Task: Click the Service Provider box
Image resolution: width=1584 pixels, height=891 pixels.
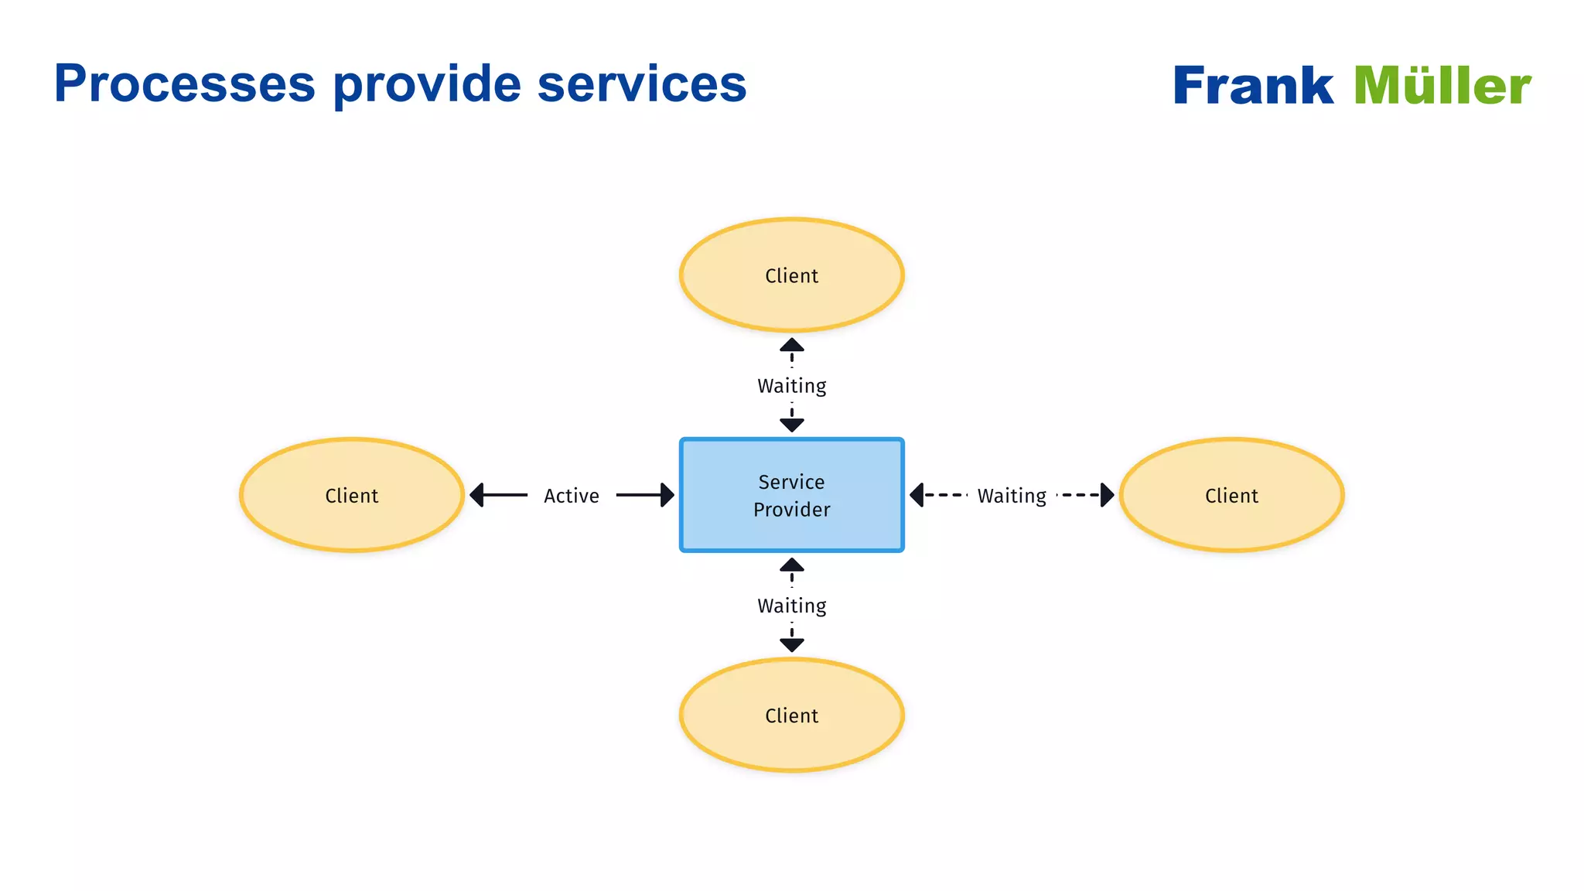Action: pyautogui.click(x=791, y=495)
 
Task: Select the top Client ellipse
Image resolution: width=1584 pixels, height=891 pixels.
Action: pyautogui.click(x=791, y=275)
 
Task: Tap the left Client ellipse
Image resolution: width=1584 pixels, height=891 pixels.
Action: pyautogui.click(x=352, y=495)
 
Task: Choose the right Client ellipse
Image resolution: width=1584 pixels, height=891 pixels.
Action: pyautogui.click(x=1231, y=495)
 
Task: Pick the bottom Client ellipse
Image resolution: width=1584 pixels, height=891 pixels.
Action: pyautogui.click(x=791, y=715)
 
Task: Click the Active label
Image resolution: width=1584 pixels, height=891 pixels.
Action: pyautogui.click(x=571, y=496)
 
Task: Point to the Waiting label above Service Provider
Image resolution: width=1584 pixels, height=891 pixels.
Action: pyautogui.click(x=791, y=385)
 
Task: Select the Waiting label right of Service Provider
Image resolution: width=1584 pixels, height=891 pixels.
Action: pyautogui.click(x=1012, y=496)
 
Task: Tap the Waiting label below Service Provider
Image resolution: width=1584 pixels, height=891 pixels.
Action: pyautogui.click(x=791, y=606)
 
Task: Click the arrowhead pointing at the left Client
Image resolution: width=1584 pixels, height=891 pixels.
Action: pyautogui.click(x=477, y=495)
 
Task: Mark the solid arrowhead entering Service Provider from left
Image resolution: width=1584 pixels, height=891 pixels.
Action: pyautogui.click(x=667, y=495)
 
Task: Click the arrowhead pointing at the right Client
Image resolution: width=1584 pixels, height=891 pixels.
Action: pyautogui.click(x=1107, y=495)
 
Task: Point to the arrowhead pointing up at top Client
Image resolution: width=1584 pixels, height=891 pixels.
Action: pyautogui.click(x=791, y=345)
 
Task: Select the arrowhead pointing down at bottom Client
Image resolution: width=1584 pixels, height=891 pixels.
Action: pyautogui.click(x=791, y=644)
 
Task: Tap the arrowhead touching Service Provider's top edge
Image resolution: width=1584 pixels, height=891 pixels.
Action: pyautogui.click(x=791, y=425)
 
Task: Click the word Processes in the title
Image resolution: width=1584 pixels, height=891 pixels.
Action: pyautogui.click(x=185, y=84)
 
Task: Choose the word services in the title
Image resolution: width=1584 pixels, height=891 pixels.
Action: pyautogui.click(x=641, y=84)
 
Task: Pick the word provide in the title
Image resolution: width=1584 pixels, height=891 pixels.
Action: pyautogui.click(x=427, y=84)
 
